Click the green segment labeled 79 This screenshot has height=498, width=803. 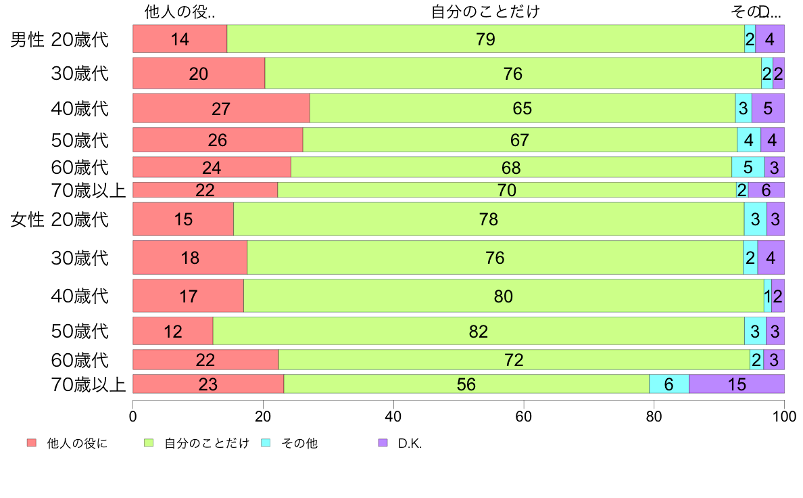(x=485, y=39)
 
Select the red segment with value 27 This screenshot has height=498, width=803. (x=221, y=108)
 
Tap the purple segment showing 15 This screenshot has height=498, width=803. (x=736, y=384)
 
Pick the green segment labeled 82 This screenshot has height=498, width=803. (x=478, y=332)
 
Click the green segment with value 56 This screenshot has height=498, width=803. (x=466, y=384)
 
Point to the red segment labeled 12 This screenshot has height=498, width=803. (x=173, y=332)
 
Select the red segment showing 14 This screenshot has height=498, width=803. (x=180, y=39)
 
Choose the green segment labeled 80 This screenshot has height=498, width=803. (x=503, y=296)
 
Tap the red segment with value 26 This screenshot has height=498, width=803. (x=218, y=140)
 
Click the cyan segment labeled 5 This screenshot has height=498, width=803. (x=748, y=167)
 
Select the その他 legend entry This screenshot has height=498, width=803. (x=299, y=444)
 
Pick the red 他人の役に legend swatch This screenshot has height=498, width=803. (x=31, y=443)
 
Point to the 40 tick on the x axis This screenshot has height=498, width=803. (x=393, y=415)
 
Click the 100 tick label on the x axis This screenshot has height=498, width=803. (x=784, y=415)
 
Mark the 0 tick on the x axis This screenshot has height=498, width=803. (x=133, y=415)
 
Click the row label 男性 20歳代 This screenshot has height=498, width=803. (x=59, y=39)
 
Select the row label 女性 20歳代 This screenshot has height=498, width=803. (x=59, y=219)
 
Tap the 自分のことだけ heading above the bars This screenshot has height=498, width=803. (x=485, y=12)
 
